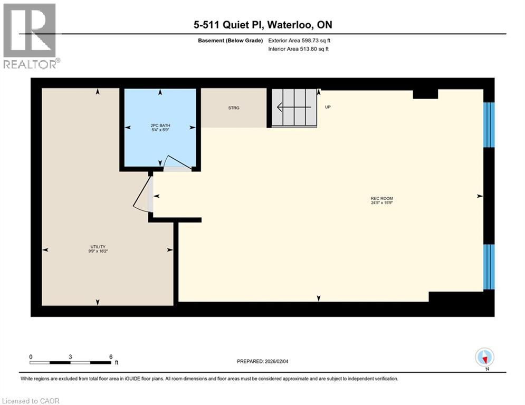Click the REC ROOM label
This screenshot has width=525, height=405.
click(382, 199)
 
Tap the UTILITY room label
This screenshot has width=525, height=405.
click(98, 247)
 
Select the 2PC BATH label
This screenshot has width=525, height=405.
click(160, 126)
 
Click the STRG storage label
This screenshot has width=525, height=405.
click(233, 108)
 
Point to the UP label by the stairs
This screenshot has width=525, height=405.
click(328, 107)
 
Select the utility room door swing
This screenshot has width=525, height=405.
click(141, 195)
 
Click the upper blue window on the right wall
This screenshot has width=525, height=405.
click(489, 125)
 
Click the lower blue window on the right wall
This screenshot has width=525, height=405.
click(489, 267)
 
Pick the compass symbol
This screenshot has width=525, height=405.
click(484, 358)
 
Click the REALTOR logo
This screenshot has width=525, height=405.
click(30, 36)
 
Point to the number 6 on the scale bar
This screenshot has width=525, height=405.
click(110, 356)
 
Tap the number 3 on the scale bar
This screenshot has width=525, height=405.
click(70, 356)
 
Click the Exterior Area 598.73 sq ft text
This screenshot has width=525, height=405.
click(300, 40)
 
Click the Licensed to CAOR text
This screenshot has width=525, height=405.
click(31, 401)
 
